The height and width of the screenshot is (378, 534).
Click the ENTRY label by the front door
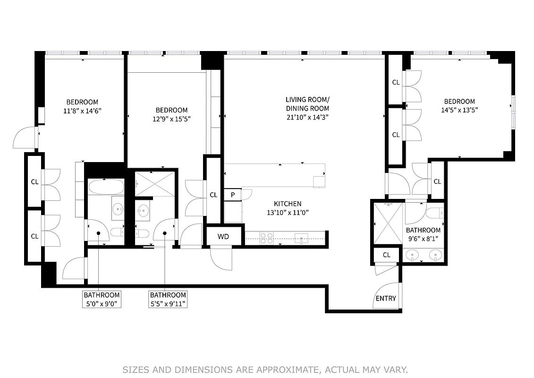tap(386, 299)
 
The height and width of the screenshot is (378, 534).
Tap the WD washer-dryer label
tap(223, 236)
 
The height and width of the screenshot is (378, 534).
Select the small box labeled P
tap(233, 195)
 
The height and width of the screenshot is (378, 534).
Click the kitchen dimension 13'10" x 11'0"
tap(288, 213)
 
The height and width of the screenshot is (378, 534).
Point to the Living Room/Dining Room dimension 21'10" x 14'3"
tap(307, 117)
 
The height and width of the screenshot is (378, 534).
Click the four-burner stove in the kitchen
tap(267, 238)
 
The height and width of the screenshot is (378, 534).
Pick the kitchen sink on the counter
tap(301, 238)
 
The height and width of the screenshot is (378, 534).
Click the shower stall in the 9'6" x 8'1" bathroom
tap(388, 223)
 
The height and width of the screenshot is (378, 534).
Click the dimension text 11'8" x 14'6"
tap(82, 111)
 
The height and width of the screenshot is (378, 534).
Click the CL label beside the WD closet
tap(213, 195)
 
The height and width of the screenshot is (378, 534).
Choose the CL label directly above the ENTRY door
tap(387, 255)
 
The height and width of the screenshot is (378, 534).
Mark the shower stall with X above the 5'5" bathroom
tap(154, 184)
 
